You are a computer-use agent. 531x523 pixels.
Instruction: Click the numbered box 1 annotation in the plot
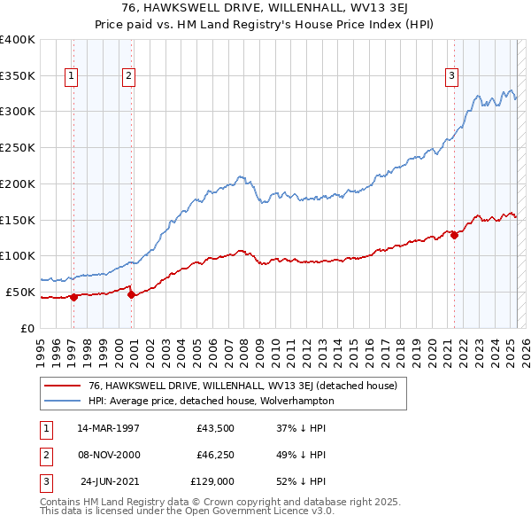coord(71,76)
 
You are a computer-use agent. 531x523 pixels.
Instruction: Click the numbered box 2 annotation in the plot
coord(128,76)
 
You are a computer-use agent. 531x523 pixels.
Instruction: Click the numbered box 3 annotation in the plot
coord(451,76)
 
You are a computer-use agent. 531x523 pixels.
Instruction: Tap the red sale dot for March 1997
coord(74,297)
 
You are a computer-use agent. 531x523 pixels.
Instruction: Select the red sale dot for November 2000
coord(131,295)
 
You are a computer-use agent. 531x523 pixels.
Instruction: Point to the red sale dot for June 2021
coord(454,235)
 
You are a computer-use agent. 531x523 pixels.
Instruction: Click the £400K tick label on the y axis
coord(18,40)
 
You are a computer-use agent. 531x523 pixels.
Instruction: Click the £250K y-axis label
coord(18,148)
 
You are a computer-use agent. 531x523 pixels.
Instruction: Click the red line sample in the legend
coord(63,386)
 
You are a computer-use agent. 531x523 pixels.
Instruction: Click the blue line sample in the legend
coord(63,401)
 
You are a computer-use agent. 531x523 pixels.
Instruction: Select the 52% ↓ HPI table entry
coord(302,482)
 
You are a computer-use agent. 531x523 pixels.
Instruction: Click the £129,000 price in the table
coord(212,482)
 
